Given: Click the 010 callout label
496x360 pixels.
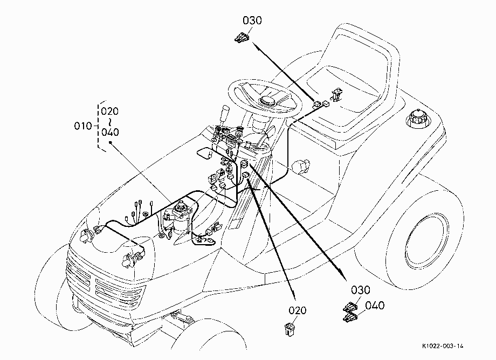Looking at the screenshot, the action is click(83, 126).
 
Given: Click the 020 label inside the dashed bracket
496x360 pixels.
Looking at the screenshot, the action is click(110, 111).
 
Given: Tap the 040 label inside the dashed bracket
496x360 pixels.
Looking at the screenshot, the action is click(110, 132).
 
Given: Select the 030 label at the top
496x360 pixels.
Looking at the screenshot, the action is click(252, 20).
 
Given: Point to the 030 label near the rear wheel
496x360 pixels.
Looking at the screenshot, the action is click(361, 290).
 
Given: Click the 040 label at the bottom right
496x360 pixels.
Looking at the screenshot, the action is click(375, 306).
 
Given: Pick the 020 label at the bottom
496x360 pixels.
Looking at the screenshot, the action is click(298, 310).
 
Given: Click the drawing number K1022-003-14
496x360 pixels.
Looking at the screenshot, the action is click(443, 346).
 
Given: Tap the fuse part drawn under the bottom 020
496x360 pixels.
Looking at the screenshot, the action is click(289, 329).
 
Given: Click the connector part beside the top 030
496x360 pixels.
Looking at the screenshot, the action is click(242, 38).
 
